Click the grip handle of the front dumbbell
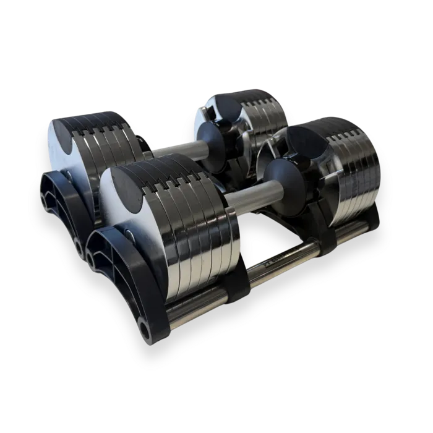coord(247,192)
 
